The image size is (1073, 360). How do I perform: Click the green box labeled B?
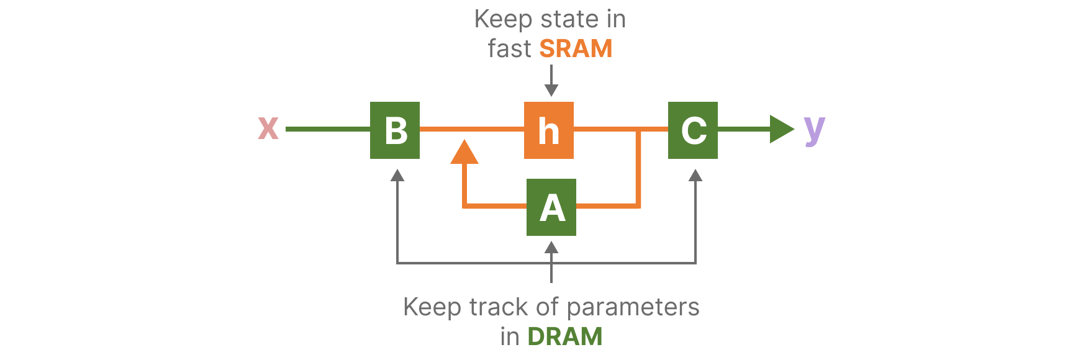click(395, 130)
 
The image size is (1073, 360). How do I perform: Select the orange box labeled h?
click(549, 130)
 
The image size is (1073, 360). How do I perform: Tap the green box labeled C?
click(693, 130)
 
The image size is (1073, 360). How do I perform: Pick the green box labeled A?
click(551, 207)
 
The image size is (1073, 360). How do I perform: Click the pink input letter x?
click(268, 128)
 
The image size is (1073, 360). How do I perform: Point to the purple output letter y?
click(814, 130)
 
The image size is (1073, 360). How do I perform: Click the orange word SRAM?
click(576, 48)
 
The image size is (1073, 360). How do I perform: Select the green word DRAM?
click(565, 336)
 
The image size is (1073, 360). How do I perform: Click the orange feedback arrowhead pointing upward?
click(464, 153)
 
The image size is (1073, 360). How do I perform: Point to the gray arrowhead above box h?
click(551, 90)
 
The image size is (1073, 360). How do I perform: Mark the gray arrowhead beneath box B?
click(397, 175)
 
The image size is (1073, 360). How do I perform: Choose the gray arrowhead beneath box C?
click(695, 175)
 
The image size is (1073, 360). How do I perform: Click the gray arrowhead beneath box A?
click(551, 247)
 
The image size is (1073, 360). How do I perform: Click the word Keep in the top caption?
click(503, 19)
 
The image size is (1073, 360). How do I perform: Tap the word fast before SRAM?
click(509, 48)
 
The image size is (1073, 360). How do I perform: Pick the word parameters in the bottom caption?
click(633, 307)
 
